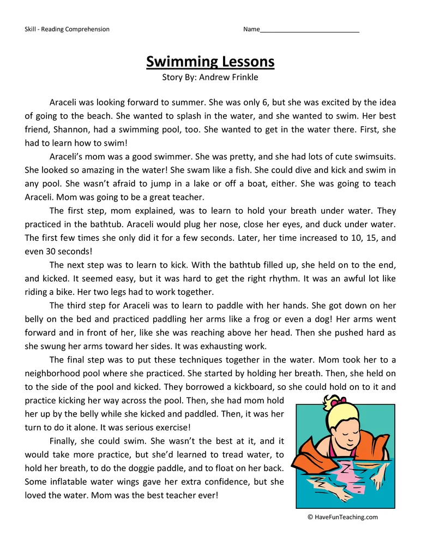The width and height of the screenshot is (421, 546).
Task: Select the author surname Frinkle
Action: (x=243, y=78)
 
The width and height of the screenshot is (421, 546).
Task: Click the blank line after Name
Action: (x=309, y=29)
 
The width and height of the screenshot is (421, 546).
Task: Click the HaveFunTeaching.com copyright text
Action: (x=342, y=517)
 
